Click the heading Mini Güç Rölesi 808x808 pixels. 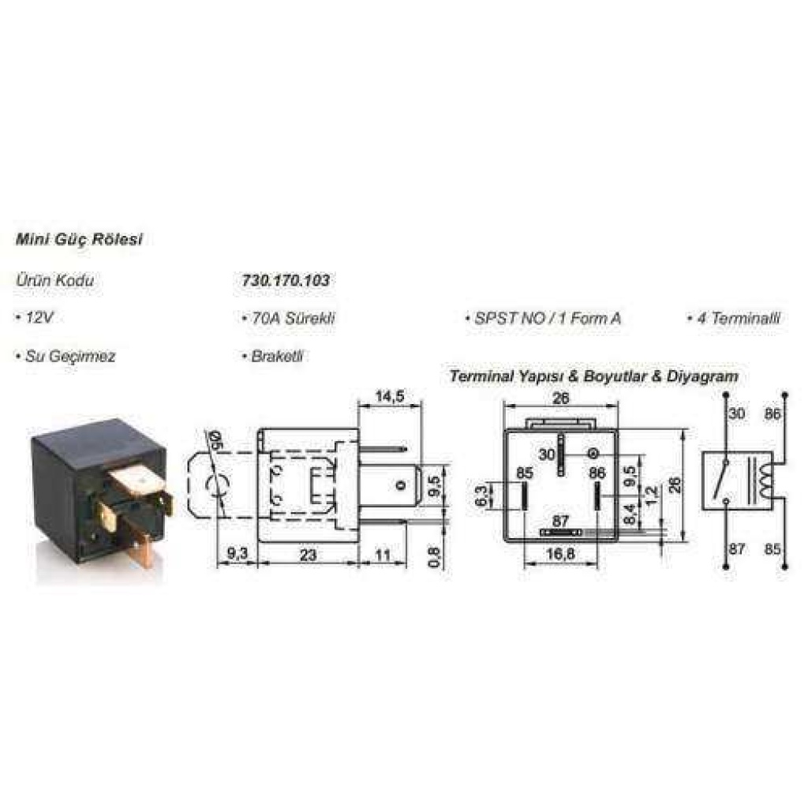click(79, 240)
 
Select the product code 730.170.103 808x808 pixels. click(286, 280)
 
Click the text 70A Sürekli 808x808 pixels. click(289, 317)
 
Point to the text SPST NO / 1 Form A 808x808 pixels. click(543, 318)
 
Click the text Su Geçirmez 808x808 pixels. click(65, 356)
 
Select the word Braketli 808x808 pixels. click(272, 356)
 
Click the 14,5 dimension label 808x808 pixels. click(390, 396)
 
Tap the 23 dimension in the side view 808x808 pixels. click(308, 555)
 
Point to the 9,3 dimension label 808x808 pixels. click(237, 554)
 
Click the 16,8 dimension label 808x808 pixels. click(560, 555)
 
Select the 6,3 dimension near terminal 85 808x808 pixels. click(481, 496)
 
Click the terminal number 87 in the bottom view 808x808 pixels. click(560, 521)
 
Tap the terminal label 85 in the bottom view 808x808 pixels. click(525, 473)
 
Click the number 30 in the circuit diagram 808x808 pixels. click(737, 413)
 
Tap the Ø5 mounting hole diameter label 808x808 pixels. click(211, 440)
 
